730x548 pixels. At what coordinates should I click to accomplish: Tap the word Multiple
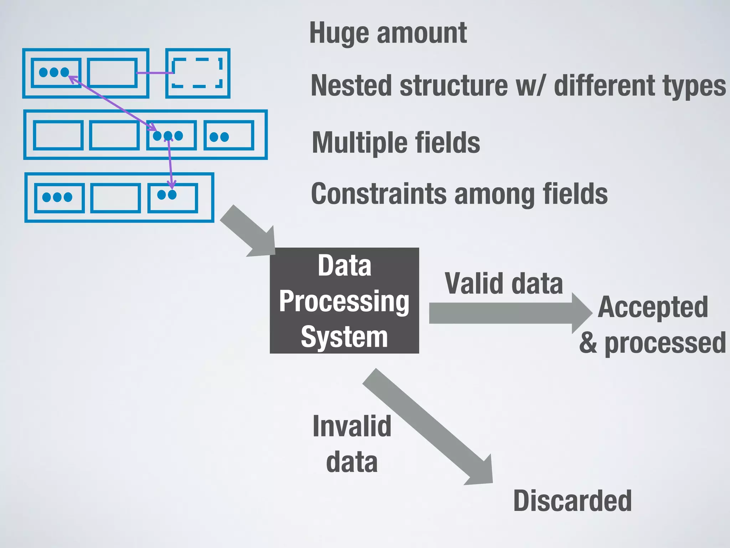(x=360, y=142)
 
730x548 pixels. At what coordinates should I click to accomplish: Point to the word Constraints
(x=378, y=194)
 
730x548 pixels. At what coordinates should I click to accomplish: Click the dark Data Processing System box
(x=344, y=300)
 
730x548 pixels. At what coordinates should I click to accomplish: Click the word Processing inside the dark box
(x=344, y=301)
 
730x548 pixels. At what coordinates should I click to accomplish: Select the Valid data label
(x=504, y=284)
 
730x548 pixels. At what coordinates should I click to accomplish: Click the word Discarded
(x=572, y=501)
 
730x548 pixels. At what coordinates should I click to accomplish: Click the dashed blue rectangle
(x=197, y=73)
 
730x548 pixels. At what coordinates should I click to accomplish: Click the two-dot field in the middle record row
(x=229, y=135)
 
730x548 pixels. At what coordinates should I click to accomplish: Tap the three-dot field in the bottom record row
(x=60, y=197)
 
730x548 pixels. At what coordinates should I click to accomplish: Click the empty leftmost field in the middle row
(x=58, y=135)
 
